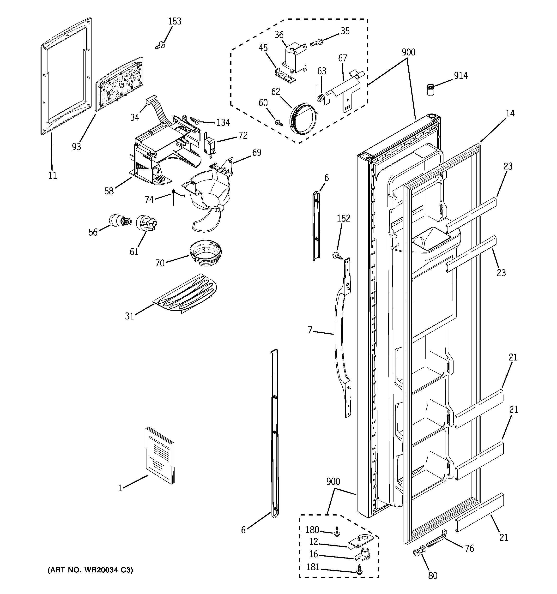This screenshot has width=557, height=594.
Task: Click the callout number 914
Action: click(x=461, y=76)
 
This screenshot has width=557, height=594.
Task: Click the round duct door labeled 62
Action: click(x=303, y=118)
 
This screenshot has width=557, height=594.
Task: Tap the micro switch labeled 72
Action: click(x=209, y=144)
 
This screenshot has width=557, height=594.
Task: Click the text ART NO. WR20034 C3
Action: click(x=90, y=570)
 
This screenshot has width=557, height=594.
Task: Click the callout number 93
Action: click(x=77, y=147)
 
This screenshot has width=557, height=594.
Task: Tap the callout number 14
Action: click(x=510, y=113)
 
